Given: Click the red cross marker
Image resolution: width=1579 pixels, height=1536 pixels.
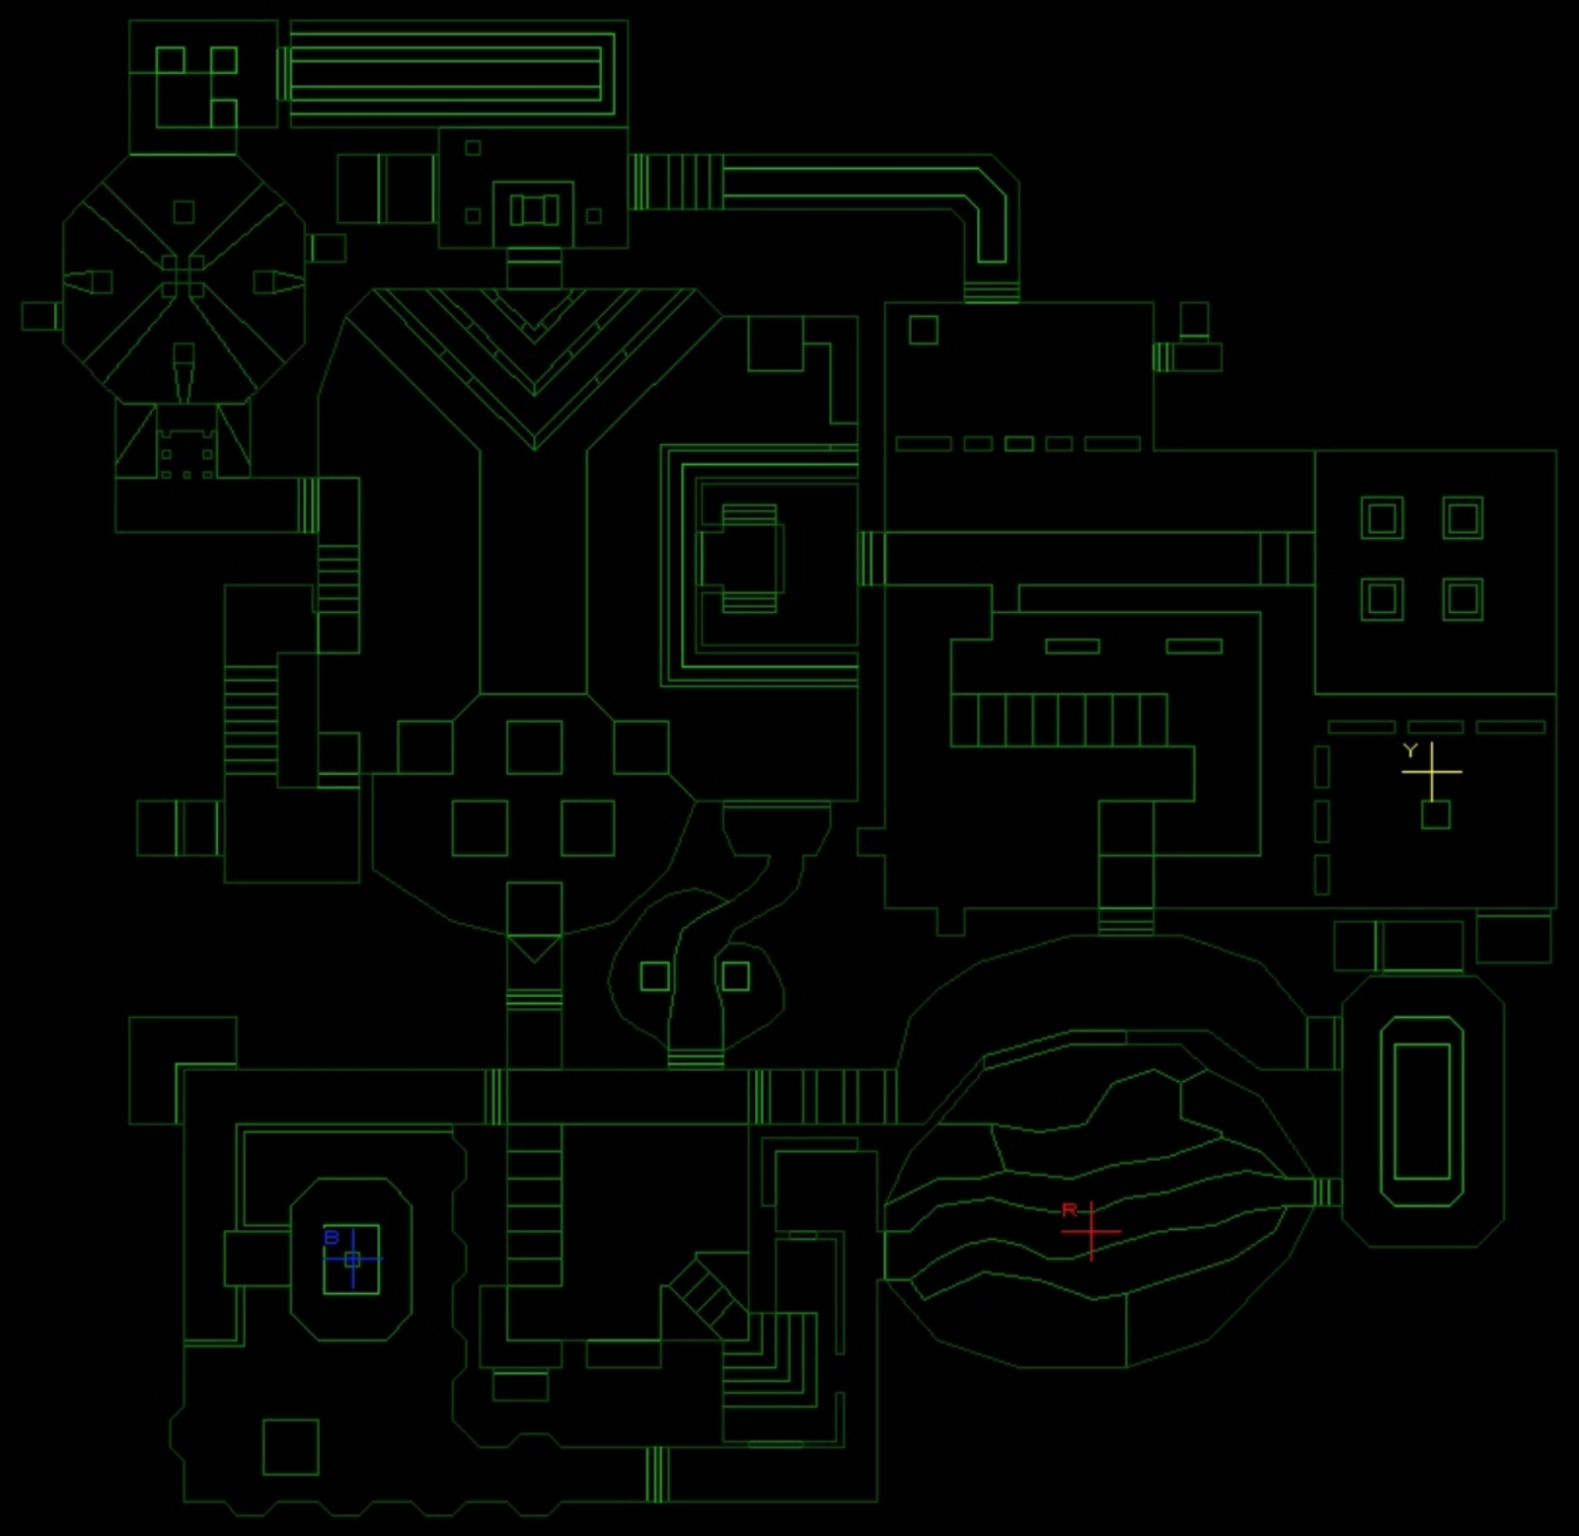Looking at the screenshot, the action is click(1091, 1232).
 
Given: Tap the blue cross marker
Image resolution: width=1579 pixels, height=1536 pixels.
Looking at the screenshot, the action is click(352, 1259).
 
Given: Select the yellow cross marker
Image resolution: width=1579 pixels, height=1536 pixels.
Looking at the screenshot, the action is click(1431, 771).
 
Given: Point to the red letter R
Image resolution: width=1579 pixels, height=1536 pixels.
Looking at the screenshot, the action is click(1070, 1210).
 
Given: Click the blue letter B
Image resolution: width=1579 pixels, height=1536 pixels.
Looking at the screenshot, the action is click(332, 1237).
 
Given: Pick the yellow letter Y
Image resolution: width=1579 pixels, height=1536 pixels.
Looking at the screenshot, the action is click(1410, 750).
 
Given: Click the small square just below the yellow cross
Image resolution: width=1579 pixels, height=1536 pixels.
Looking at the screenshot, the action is click(1436, 814).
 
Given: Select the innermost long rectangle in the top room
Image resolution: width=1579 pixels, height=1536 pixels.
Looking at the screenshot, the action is click(445, 74).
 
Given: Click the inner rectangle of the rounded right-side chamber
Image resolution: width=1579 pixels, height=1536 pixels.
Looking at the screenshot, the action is click(1422, 1111).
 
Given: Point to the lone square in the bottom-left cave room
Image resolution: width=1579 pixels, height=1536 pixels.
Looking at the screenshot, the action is click(290, 1446).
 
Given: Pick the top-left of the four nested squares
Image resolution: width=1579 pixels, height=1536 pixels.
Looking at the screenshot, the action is click(1382, 517).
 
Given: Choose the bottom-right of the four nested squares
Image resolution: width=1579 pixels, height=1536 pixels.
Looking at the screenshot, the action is click(1463, 599).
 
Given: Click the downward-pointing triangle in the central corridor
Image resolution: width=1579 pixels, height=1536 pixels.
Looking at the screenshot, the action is click(534, 948).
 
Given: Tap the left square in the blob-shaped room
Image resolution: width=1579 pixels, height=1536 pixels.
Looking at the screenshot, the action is click(654, 976).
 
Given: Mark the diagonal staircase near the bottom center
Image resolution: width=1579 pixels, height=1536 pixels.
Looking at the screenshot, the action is click(706, 1296).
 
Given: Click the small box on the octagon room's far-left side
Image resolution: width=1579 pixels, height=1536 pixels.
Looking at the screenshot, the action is click(40, 316).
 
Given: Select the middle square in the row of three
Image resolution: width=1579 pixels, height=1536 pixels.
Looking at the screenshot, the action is click(534, 747).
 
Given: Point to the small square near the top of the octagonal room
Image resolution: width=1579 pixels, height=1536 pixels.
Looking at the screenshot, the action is click(184, 211).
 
